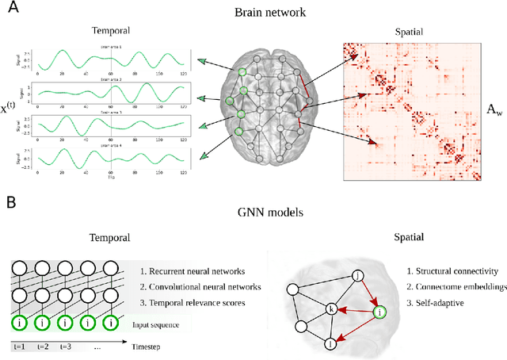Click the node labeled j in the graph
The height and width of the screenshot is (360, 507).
click(x=359, y=275)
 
